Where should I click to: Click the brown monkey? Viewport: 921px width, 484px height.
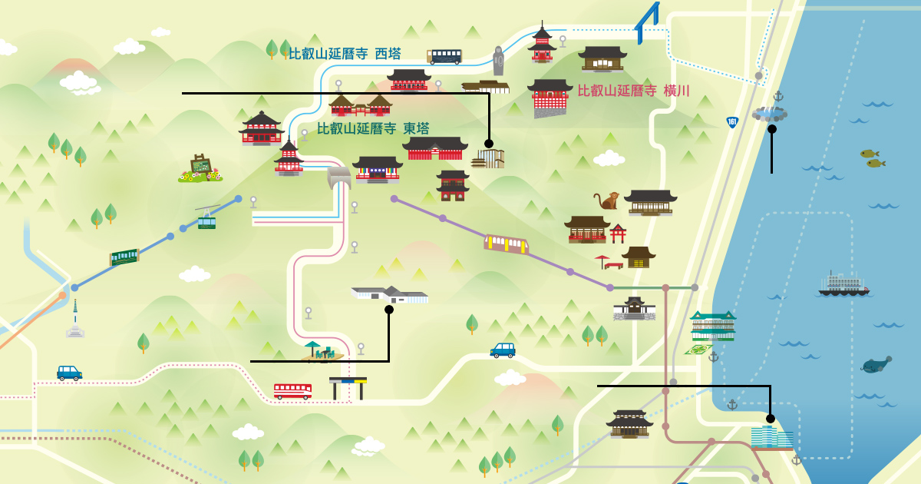point(607,201)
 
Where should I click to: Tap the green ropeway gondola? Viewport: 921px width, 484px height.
point(206,221)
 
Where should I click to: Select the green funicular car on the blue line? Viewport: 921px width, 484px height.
point(124,257)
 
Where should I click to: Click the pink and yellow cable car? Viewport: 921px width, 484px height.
point(507,244)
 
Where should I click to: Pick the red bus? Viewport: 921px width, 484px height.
point(292,391)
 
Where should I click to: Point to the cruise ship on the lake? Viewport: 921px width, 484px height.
point(843,285)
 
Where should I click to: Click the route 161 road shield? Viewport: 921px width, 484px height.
point(732,122)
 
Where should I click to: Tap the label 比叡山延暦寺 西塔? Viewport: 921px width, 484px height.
point(345,54)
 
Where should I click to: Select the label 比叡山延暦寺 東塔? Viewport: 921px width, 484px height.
point(373,128)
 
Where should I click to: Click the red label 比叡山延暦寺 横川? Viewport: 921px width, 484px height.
point(633,91)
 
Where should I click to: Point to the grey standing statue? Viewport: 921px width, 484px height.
point(498,61)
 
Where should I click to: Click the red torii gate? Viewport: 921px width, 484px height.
point(618,233)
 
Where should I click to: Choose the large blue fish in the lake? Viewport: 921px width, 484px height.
point(876,364)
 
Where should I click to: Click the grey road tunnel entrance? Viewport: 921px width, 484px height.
point(338,178)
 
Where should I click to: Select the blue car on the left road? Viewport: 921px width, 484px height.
point(69,373)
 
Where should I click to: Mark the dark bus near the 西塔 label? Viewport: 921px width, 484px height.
point(445,56)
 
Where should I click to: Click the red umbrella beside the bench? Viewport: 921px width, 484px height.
point(602,260)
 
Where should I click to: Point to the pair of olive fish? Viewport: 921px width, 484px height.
point(872,158)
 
